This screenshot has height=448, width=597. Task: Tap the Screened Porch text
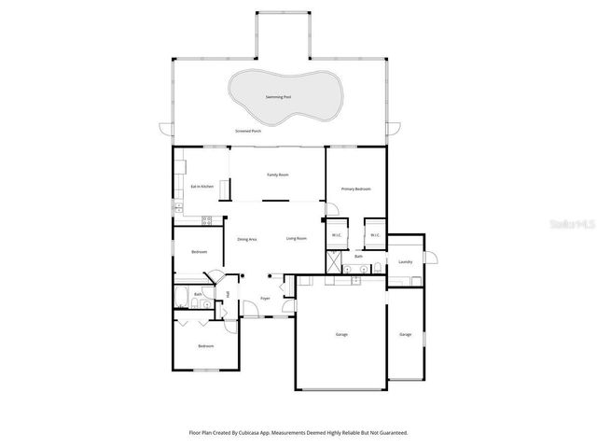click(x=248, y=132)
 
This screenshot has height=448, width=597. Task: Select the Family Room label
click(x=278, y=175)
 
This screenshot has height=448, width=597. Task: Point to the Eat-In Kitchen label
click(x=202, y=187)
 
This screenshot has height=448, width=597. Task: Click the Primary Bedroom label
click(x=355, y=189)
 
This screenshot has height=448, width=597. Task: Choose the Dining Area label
click(x=246, y=239)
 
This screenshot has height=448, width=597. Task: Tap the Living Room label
click(x=297, y=239)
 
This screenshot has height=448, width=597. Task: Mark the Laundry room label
click(x=405, y=262)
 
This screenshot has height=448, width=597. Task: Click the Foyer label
click(x=265, y=299)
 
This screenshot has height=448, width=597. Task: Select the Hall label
click(x=228, y=295)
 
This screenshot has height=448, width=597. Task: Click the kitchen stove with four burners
click(x=207, y=220)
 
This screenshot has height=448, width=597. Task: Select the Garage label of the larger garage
click(x=341, y=334)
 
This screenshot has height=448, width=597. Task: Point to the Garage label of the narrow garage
click(x=405, y=334)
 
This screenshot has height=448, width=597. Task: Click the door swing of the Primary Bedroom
click(x=330, y=211)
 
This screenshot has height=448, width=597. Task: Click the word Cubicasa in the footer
click(x=238, y=433)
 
